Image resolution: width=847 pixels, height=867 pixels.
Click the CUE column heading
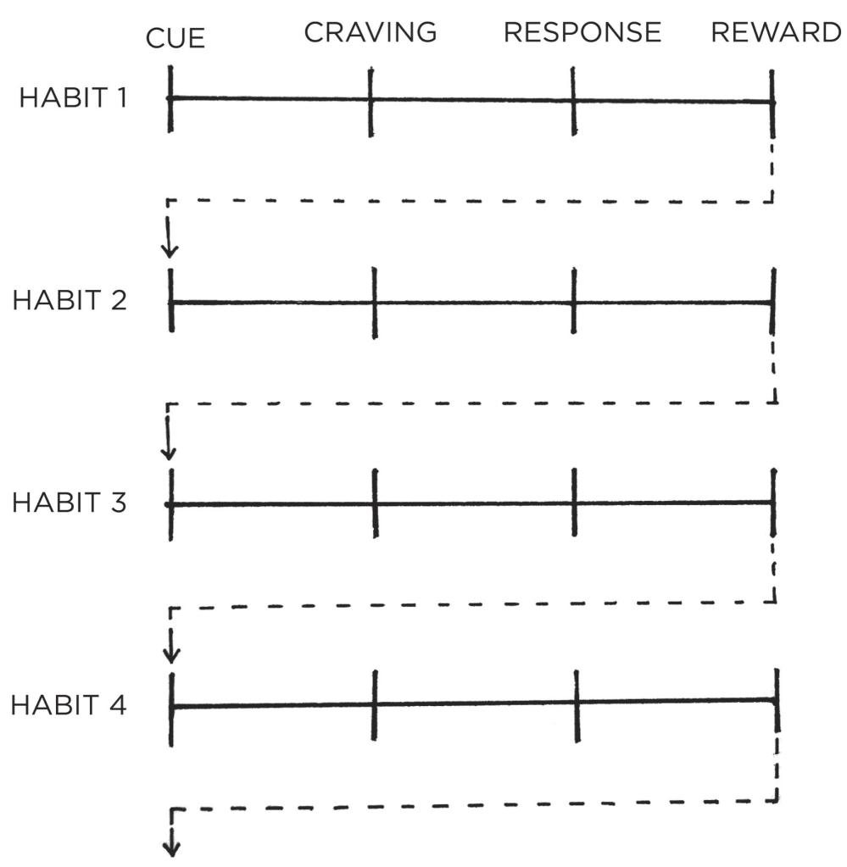[x=176, y=39]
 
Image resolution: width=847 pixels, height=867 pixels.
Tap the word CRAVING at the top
[x=371, y=32]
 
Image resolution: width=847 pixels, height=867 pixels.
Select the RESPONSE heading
[x=582, y=32]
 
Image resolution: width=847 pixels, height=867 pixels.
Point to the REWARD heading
[x=776, y=32]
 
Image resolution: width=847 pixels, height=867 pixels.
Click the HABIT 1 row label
[x=73, y=97]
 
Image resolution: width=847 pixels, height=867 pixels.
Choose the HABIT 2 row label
[x=70, y=300]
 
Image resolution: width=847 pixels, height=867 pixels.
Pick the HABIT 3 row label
[x=70, y=503]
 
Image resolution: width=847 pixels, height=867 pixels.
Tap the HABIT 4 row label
[x=69, y=705]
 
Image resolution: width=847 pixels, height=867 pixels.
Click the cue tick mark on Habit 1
[x=170, y=99]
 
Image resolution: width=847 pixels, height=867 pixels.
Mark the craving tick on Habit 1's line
[x=371, y=102]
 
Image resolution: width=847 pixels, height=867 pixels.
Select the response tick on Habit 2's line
[x=574, y=301]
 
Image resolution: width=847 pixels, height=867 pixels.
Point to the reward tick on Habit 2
[x=773, y=302]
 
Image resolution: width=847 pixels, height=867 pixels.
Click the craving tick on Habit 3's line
[x=375, y=503]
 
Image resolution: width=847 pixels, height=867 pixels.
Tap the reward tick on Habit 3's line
[x=773, y=502]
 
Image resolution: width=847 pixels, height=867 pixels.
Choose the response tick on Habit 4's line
[x=577, y=706]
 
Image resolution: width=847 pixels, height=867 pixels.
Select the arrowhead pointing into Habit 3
[x=168, y=453]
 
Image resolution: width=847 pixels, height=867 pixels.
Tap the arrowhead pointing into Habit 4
[x=171, y=656]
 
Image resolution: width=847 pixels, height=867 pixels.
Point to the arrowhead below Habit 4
[x=171, y=848]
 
